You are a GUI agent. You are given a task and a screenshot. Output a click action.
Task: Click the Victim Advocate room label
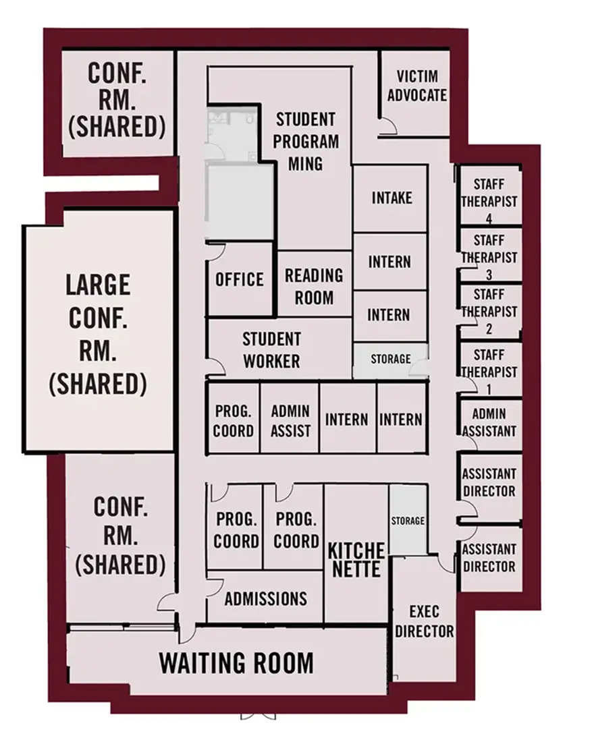click(x=416, y=86)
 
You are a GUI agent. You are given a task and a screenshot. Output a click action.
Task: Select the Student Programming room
click(x=305, y=142)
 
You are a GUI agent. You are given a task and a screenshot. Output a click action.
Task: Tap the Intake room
click(x=391, y=198)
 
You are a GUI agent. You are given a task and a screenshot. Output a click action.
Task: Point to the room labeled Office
click(x=240, y=279)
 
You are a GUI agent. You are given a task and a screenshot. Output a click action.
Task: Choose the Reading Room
click(x=314, y=286)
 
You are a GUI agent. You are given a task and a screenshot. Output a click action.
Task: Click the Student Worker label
click(x=271, y=349)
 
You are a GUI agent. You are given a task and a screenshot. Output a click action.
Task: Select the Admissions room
click(x=265, y=598)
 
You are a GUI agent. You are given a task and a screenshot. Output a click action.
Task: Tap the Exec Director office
click(x=424, y=621)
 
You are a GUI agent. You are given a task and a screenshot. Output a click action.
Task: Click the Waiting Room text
click(x=236, y=662)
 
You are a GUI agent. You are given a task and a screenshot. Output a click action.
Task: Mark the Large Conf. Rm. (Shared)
click(x=98, y=334)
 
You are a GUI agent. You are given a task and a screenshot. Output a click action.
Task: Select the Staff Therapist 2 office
click(x=489, y=312)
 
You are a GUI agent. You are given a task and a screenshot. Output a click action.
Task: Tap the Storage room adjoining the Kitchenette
click(x=408, y=520)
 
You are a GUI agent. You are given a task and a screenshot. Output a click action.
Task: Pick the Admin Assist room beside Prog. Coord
click(x=290, y=420)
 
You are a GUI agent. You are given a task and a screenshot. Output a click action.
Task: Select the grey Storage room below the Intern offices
click(x=390, y=360)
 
